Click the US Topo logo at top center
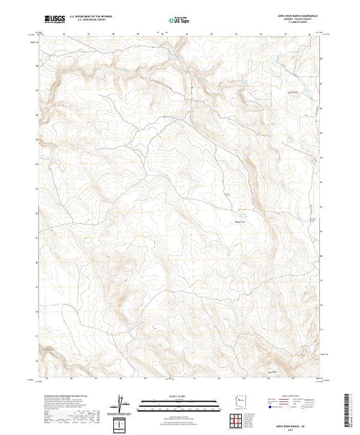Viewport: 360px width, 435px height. (x=180, y=20)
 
